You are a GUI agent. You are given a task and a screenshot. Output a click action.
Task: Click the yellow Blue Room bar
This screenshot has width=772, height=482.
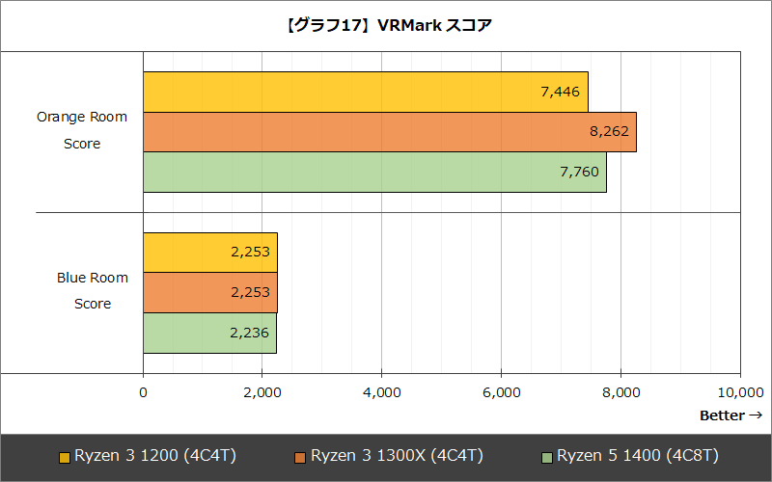(209, 253)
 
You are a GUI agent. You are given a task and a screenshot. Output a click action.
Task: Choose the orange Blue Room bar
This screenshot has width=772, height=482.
(209, 293)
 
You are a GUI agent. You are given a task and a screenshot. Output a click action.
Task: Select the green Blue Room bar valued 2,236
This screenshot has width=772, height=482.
(209, 334)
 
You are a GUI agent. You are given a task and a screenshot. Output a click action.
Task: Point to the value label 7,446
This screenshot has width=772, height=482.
(560, 92)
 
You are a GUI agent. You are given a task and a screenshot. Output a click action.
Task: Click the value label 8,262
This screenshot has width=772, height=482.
(608, 132)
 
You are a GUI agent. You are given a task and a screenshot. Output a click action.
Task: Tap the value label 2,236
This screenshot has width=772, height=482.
(249, 334)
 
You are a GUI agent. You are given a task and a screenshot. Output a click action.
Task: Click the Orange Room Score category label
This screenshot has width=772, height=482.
(82, 131)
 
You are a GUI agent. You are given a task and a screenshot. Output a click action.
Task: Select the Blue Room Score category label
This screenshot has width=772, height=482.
(92, 291)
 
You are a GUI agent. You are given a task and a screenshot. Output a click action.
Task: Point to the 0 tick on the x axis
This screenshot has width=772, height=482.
(144, 392)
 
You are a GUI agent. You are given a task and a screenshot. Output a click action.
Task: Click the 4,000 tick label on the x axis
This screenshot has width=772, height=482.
(382, 392)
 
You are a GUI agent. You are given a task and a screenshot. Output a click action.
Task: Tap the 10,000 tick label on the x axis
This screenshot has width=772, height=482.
(740, 392)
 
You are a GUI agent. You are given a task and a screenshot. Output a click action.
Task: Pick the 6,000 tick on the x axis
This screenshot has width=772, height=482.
(502, 392)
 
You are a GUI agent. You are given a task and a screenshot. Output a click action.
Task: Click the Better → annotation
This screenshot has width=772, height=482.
(731, 415)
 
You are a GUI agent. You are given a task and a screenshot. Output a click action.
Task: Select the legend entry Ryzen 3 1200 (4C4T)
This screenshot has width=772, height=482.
(155, 455)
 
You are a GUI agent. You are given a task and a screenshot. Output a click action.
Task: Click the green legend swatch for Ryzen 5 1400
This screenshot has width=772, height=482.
(547, 456)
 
